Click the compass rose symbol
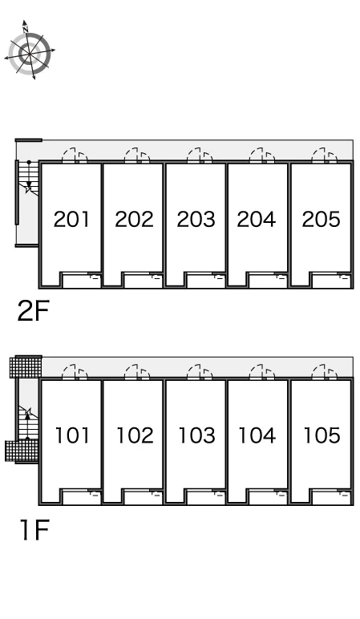[30, 51]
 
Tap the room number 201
[71, 219]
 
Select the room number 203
[196, 219]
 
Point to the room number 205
[321, 219]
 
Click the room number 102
[135, 435]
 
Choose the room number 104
[257, 435]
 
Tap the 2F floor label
[33, 310]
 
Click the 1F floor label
[34, 530]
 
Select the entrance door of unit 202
[137, 156]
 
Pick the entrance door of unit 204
[262, 156]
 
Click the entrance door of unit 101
[75, 372]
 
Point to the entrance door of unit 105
[325, 372]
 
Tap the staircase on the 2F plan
[28, 178]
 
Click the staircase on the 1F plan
[27, 422]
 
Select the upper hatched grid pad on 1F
[26, 366]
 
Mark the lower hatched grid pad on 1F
[22, 451]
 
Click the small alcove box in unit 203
[205, 280]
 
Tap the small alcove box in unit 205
[330, 280]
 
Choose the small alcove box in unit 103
[205, 496]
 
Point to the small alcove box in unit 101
[81, 496]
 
